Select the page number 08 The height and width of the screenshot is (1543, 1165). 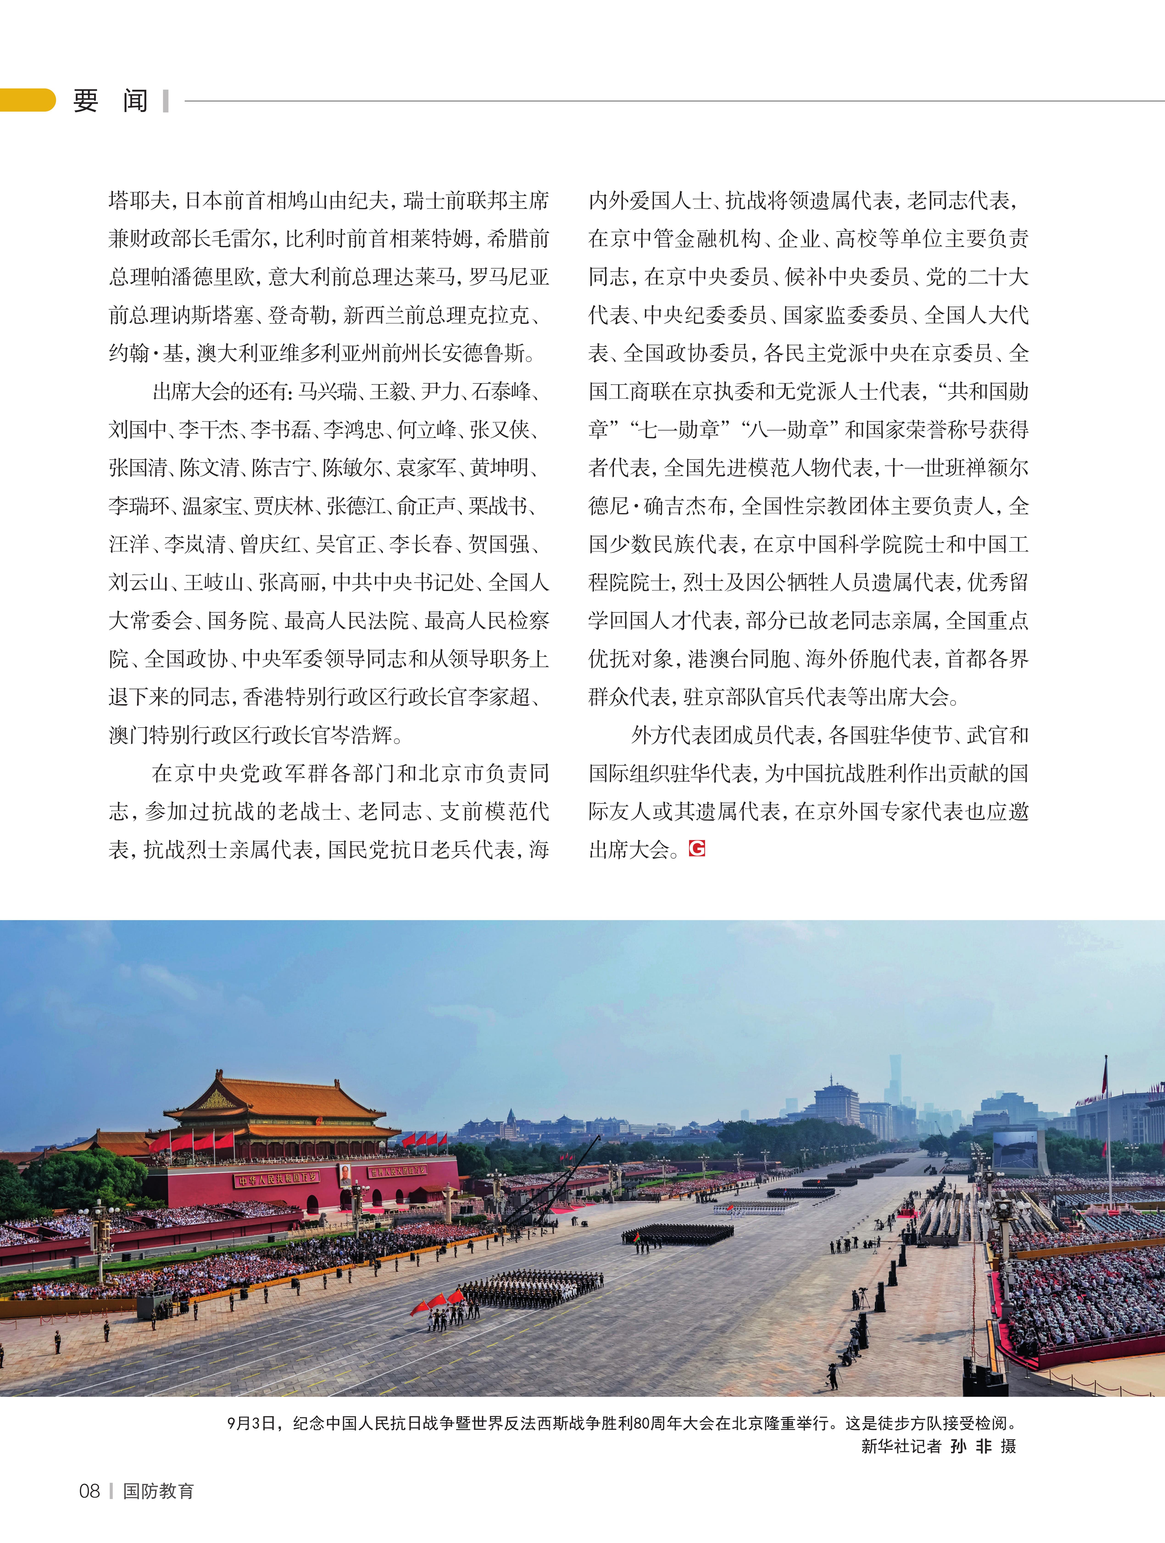[89, 1491]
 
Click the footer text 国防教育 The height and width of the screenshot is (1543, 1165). [158, 1491]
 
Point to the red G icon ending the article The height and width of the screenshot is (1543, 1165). [697, 848]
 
